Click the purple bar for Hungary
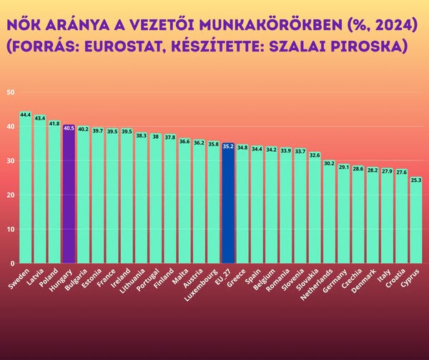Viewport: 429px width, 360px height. [x=69, y=193]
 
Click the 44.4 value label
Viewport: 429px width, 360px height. [x=25, y=115]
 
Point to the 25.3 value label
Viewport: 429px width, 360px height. [x=416, y=180]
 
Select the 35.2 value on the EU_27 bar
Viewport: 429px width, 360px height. [x=228, y=146]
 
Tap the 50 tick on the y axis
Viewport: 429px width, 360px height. [x=10, y=92]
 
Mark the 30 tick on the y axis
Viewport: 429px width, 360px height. [x=10, y=161]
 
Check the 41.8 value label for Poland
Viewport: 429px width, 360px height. [x=54, y=123]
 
